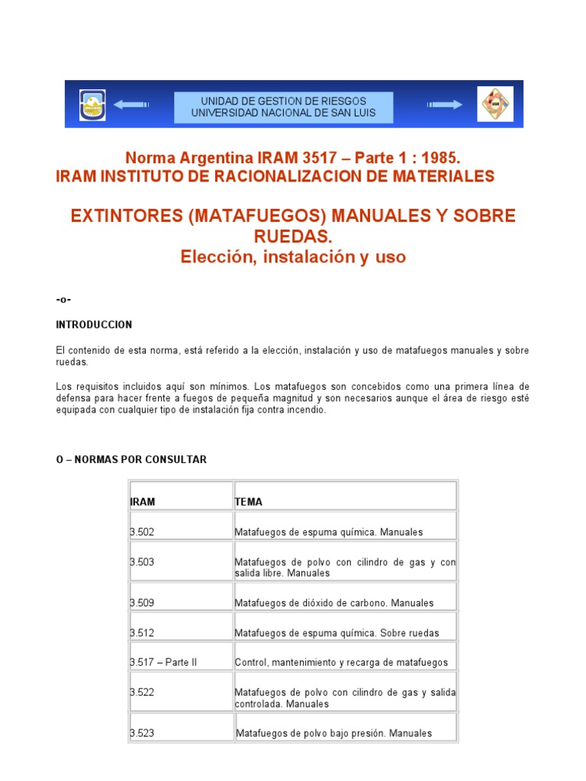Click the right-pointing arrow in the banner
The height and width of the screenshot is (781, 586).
point(445,104)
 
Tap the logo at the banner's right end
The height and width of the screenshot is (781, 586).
point(495,104)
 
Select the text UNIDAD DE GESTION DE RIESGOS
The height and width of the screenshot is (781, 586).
point(283,101)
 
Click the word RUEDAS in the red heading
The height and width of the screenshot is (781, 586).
point(293,236)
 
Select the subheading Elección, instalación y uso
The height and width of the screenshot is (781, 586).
point(293,257)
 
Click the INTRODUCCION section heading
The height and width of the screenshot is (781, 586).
point(94,325)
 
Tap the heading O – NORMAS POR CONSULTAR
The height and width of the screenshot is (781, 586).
point(131,460)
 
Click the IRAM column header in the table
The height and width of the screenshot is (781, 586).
point(143,502)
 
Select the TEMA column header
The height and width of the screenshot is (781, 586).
point(248,502)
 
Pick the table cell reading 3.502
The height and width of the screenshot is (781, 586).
point(143,532)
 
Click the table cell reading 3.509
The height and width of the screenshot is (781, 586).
point(143,603)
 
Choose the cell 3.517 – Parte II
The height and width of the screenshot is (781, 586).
point(163,662)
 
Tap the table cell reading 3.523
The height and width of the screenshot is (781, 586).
point(143,733)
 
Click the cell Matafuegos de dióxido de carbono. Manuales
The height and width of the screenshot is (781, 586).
point(333,603)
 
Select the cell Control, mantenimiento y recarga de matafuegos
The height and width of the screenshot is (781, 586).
point(341,662)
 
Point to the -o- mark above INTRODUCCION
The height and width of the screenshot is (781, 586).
point(63,299)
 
